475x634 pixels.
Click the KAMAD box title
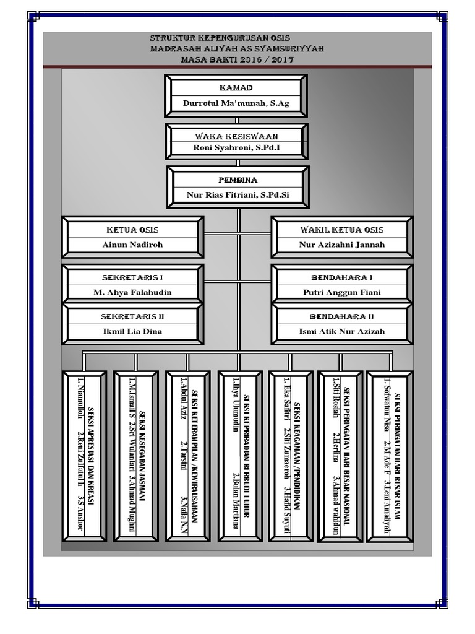pyautogui.click(x=236, y=88)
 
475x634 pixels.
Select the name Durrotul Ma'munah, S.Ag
pyautogui.click(x=236, y=103)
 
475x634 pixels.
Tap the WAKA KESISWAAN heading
pyautogui.click(x=236, y=137)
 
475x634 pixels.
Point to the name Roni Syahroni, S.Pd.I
pyautogui.click(x=236, y=147)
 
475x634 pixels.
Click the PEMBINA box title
pyautogui.click(x=238, y=180)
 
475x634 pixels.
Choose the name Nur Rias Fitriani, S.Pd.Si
pyautogui.click(x=238, y=195)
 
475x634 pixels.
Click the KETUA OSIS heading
pyautogui.click(x=132, y=230)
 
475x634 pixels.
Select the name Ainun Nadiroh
pyautogui.click(x=132, y=245)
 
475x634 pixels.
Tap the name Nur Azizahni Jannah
pyautogui.click(x=341, y=245)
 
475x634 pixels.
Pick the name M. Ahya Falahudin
pyautogui.click(x=132, y=292)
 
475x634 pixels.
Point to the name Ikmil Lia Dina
pyautogui.click(x=132, y=332)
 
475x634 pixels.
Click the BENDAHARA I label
pyautogui.click(x=341, y=278)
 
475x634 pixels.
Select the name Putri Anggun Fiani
pyautogui.click(x=341, y=292)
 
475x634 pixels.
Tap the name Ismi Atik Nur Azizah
pyautogui.click(x=341, y=332)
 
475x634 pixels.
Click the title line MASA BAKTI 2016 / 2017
pyautogui.click(x=237, y=60)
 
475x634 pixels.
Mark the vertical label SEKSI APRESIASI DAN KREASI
pyautogui.click(x=90, y=456)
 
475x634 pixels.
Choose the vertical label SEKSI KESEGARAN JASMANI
pyautogui.click(x=142, y=456)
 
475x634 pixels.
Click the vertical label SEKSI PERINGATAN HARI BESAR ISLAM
pyautogui.click(x=398, y=456)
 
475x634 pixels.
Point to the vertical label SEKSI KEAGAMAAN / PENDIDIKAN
pyautogui.click(x=297, y=456)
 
